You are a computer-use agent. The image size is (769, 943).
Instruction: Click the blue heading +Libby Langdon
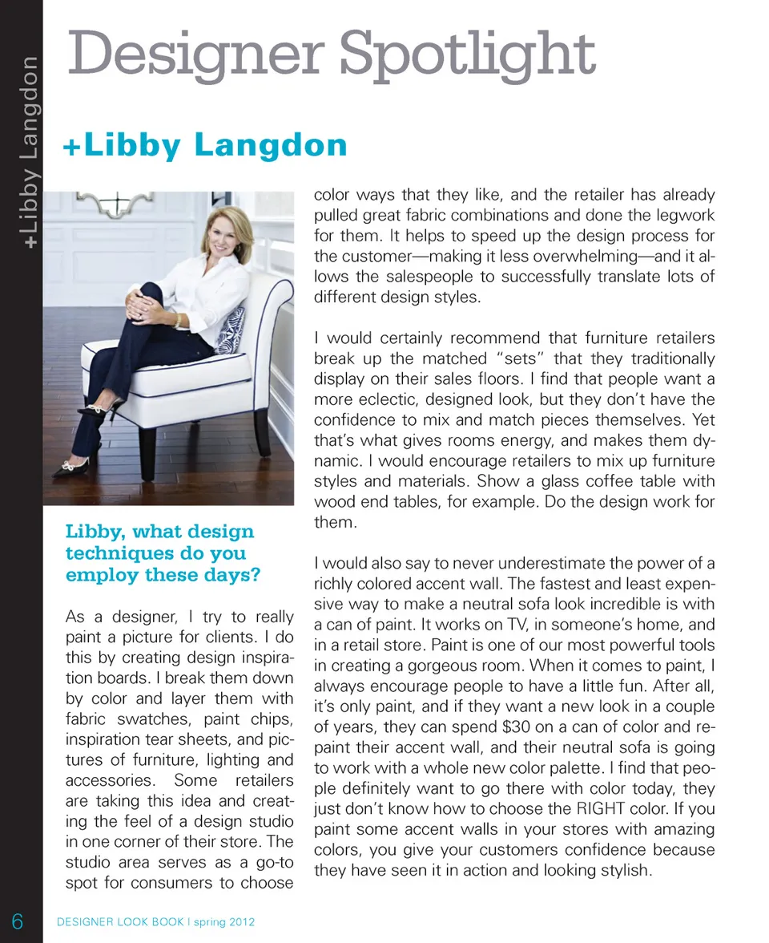[x=206, y=146]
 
